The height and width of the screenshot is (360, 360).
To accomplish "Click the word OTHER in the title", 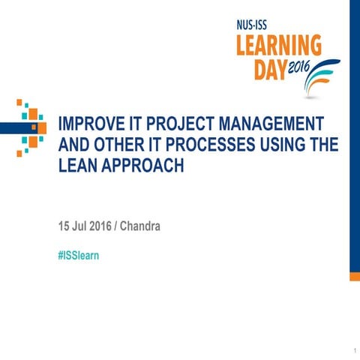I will [124, 145].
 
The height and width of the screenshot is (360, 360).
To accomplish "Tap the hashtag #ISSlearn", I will [79, 256].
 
